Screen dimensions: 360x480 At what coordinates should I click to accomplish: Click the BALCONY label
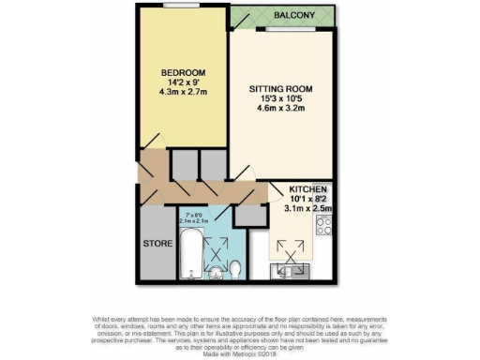point(294,17)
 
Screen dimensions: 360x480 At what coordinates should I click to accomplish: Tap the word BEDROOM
point(183,72)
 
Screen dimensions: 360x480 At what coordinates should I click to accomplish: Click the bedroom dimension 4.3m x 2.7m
point(183,94)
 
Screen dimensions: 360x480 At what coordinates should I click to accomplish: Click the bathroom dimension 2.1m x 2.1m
point(195,220)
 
